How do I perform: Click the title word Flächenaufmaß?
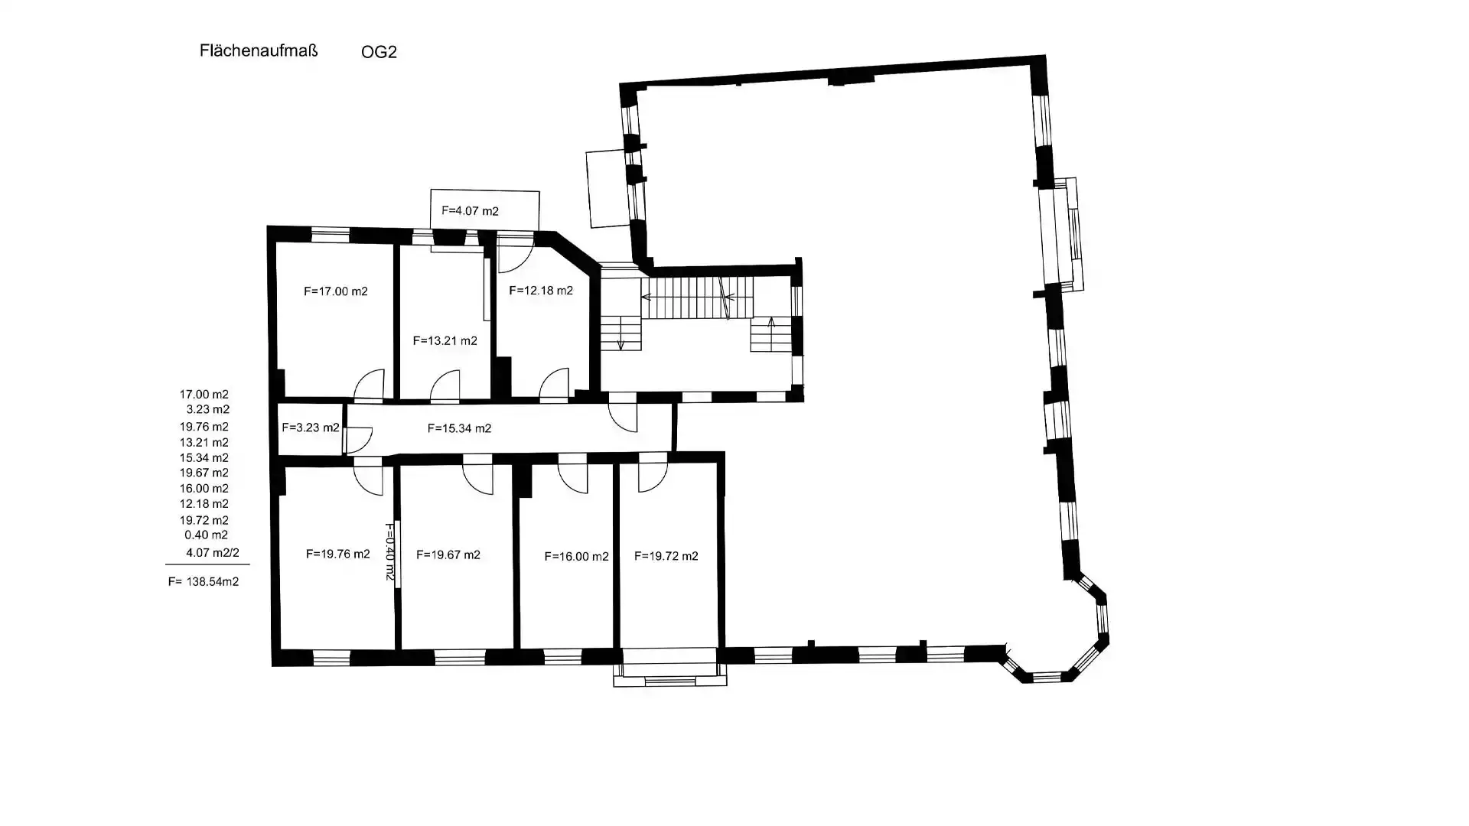point(258,50)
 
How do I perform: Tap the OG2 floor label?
point(379,52)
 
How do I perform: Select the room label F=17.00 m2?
point(335,291)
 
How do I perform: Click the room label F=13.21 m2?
point(445,340)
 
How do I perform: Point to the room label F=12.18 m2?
point(540,291)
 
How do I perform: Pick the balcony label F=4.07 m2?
point(470,211)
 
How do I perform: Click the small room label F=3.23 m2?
point(310,428)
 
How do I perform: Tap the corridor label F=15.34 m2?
point(459,428)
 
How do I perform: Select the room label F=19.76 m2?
point(337,554)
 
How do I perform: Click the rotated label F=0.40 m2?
point(389,551)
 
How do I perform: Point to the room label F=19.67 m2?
point(448,554)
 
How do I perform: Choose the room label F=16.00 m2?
point(576,556)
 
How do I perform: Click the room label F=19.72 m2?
point(666,556)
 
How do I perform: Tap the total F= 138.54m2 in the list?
point(204,581)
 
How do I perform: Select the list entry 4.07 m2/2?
point(212,552)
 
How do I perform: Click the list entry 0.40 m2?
point(206,535)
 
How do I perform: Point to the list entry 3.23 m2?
point(207,409)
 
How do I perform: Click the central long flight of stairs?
point(696,298)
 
